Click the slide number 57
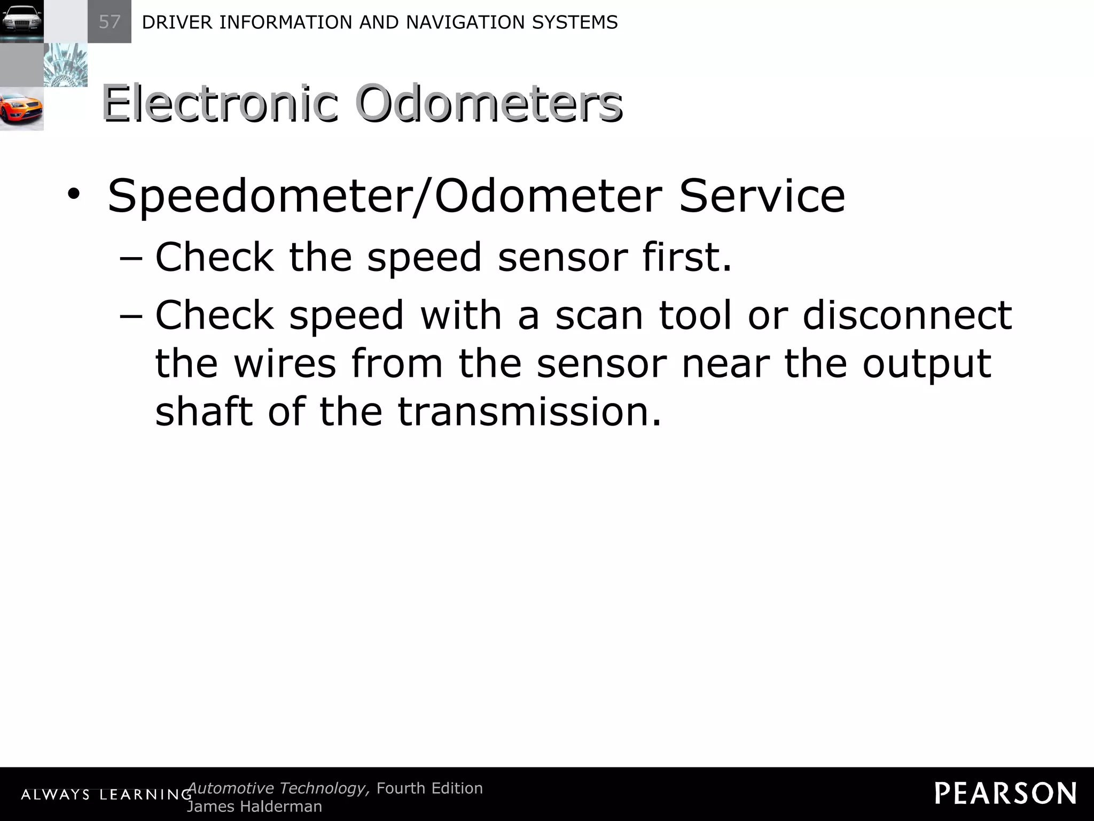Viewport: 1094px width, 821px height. tap(110, 22)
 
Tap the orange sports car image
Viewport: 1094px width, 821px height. tap(21, 109)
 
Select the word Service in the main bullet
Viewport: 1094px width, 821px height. tap(762, 196)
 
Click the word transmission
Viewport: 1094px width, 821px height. tap(529, 411)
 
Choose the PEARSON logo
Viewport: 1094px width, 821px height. tap(1005, 794)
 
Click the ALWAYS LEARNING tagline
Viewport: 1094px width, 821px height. tap(106, 795)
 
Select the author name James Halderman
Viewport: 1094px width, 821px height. tap(255, 807)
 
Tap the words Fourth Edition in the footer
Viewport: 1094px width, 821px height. tap(429, 788)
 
